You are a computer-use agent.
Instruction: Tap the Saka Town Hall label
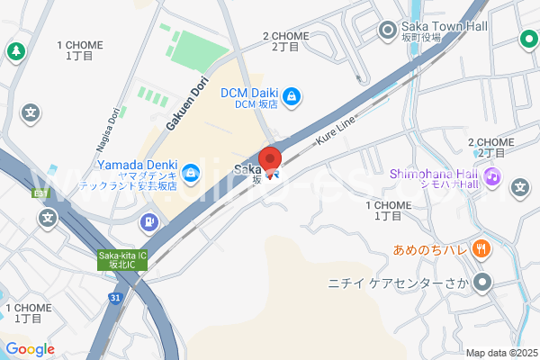444,27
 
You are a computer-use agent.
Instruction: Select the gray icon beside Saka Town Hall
388,31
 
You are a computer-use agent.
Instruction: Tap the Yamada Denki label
137,166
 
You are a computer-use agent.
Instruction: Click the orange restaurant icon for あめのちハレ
481,248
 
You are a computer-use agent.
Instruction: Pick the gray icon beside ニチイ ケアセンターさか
482,283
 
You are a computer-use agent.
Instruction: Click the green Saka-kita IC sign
121,259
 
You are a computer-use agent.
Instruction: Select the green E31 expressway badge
40,192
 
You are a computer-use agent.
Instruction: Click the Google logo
30,349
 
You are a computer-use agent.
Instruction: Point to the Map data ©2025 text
500,352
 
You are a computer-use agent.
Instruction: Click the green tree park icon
14,51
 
